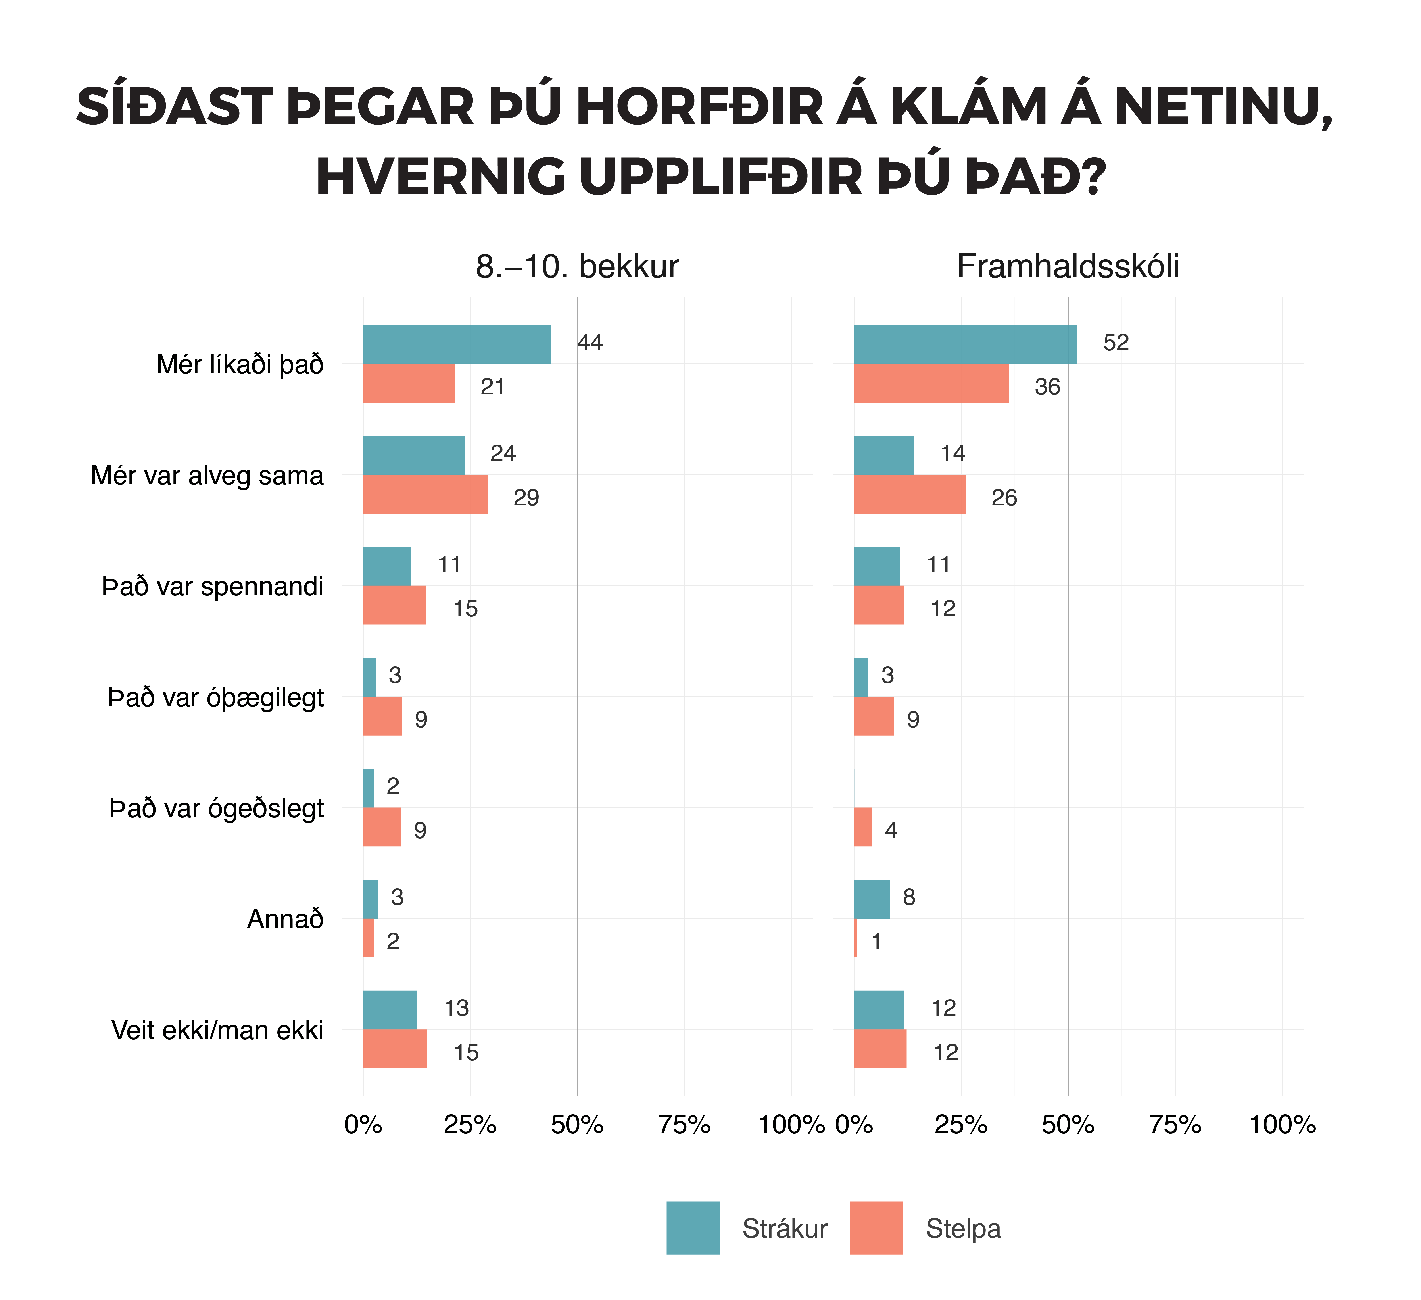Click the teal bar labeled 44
tap(457, 344)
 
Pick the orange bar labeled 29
tap(425, 494)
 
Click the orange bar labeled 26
tap(909, 494)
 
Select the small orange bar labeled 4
tap(863, 827)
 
